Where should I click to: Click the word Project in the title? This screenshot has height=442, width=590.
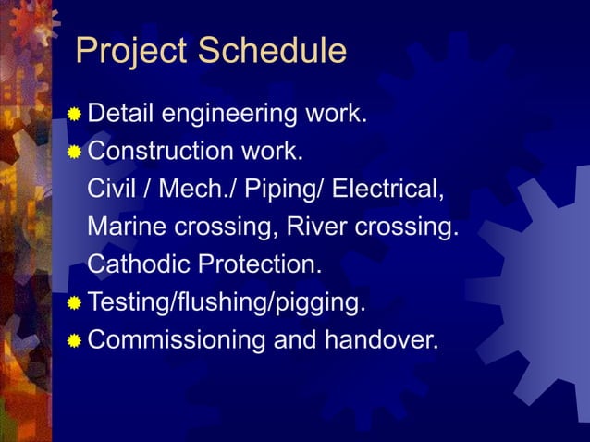[132, 52]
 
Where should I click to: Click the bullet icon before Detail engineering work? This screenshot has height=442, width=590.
[74, 115]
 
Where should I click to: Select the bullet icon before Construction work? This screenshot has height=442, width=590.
[74, 152]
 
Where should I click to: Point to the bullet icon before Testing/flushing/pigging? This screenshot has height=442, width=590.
[74, 302]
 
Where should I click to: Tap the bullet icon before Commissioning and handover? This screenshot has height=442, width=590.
[74, 340]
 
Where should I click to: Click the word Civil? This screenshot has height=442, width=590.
[111, 189]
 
